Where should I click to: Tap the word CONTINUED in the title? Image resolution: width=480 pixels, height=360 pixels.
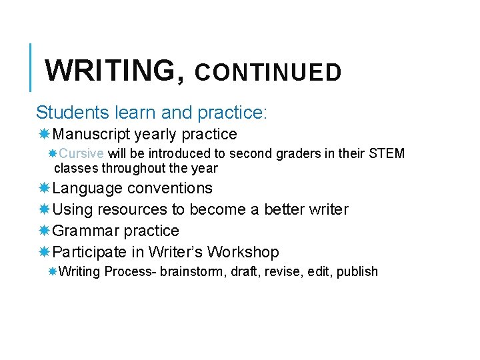coord(268,73)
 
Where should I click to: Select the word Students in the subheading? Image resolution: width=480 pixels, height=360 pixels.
coord(70,112)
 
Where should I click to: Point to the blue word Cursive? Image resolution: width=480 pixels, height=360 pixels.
coord(86,154)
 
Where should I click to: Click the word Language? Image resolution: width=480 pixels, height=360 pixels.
coord(87,189)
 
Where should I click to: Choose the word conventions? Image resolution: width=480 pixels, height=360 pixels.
coord(170,189)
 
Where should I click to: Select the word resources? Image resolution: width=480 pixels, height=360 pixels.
coord(132,210)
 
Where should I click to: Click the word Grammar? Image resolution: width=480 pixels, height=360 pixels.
coord(82,231)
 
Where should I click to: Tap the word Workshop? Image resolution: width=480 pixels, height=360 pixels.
coord(243,253)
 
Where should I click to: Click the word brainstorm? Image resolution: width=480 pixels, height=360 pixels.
coord(193,272)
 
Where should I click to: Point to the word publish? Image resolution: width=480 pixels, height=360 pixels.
coord(357,272)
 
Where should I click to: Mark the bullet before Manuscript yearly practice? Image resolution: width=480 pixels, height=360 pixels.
coord(44,135)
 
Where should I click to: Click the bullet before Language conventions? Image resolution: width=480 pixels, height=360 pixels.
coord(44,189)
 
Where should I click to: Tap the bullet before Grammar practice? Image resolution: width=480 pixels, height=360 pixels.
coord(44,231)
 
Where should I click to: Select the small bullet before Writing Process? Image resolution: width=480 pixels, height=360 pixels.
coord(53,272)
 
